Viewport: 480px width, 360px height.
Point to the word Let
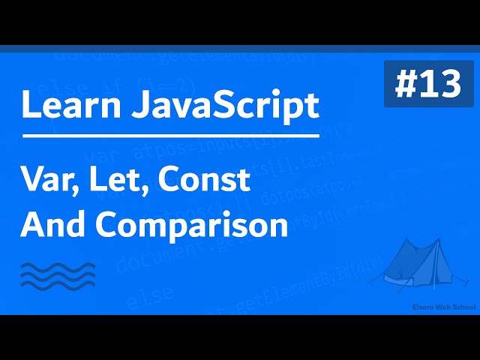pyautogui.click(x=115, y=181)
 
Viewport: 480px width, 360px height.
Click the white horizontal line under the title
pyautogui.click(x=171, y=136)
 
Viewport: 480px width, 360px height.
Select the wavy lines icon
pyautogui.click(x=58, y=275)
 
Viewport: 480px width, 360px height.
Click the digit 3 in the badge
pyautogui.click(x=451, y=85)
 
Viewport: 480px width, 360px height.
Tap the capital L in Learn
pyautogui.click(x=29, y=106)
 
